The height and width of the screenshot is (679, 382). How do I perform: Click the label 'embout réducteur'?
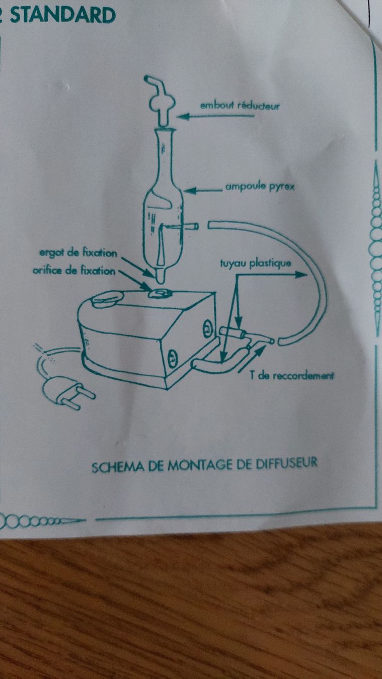tap(240, 106)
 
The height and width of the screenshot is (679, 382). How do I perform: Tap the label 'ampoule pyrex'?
tap(260, 187)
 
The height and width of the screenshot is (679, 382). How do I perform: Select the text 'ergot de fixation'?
tap(79, 253)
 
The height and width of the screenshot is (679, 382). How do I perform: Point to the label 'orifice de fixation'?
tap(74, 271)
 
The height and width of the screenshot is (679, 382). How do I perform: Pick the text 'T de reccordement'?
tap(292, 376)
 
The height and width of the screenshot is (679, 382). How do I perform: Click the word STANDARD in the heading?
tap(63, 15)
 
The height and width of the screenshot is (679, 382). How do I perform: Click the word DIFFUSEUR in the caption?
tap(287, 463)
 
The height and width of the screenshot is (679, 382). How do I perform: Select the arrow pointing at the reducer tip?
tap(215, 116)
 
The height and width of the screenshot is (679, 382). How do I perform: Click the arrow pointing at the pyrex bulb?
tap(203, 191)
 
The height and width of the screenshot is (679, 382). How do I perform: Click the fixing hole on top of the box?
tap(160, 293)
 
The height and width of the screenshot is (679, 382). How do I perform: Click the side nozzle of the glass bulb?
tap(191, 226)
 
